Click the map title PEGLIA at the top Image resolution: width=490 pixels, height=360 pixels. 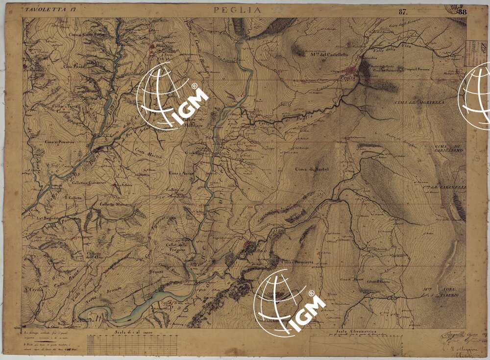point(235,9)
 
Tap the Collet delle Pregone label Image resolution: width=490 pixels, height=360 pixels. point(176,247)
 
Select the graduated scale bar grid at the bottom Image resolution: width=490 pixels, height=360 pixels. point(133,345)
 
